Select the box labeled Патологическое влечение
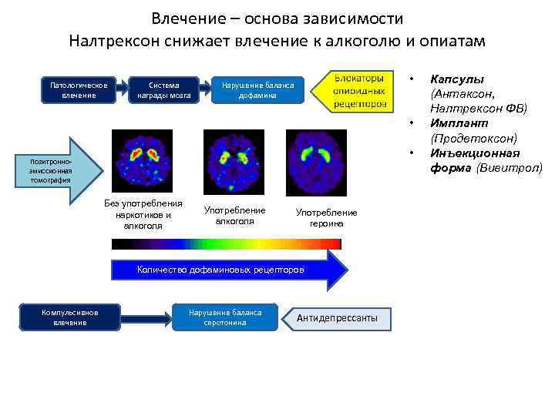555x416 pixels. [x=79, y=90]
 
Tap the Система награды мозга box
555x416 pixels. [x=163, y=90]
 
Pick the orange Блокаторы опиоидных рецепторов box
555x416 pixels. [x=360, y=91]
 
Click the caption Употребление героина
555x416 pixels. [x=326, y=217]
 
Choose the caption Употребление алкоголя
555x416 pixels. [x=234, y=216]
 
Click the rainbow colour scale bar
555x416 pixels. [x=226, y=244]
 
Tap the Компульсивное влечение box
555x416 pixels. [x=70, y=317]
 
